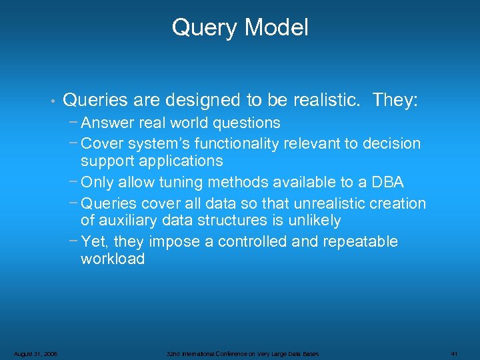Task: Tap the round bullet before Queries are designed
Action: pos(51,101)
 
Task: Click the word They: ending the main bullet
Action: pos(395,100)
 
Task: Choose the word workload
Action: pos(113,259)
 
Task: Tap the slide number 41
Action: pos(454,353)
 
